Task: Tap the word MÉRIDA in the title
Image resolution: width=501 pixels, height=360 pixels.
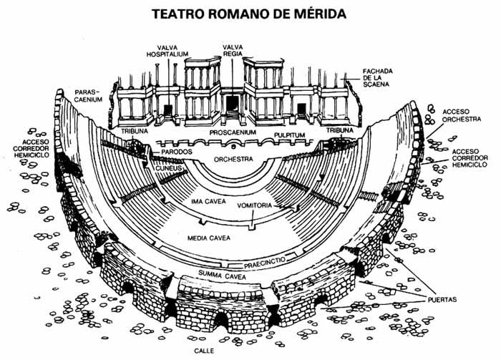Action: [x=312, y=13]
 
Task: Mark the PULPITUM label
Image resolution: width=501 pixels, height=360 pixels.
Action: [x=290, y=134]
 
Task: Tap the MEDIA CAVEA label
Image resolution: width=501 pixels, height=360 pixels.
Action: [x=208, y=237]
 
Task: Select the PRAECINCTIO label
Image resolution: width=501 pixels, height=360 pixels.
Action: [x=268, y=263]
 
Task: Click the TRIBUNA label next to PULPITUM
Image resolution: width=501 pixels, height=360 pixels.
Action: [x=341, y=131]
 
